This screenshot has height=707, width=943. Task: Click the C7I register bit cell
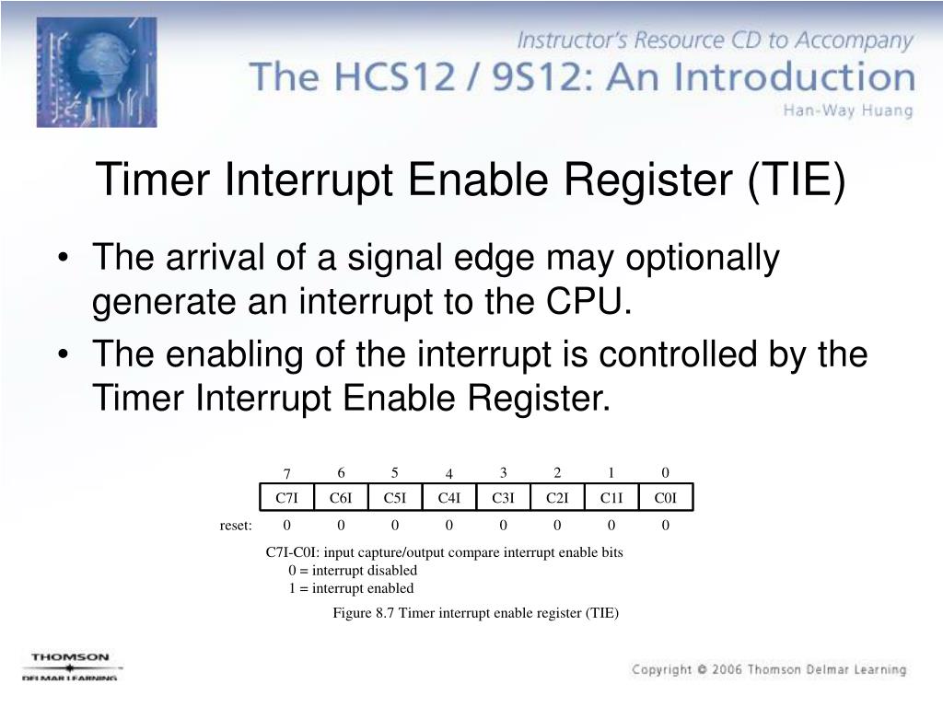(x=286, y=498)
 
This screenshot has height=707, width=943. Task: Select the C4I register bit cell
(x=449, y=498)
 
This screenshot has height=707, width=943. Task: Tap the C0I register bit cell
(x=666, y=498)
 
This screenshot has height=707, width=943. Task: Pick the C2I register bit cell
(x=557, y=498)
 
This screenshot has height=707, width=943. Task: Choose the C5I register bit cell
(x=395, y=498)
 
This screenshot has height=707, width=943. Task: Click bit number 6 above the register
(x=341, y=473)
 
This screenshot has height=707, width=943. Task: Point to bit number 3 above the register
(x=504, y=473)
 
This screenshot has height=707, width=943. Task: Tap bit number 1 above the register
(x=611, y=473)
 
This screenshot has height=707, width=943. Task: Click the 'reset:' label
(x=236, y=526)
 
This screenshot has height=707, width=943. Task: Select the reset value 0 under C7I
(x=286, y=526)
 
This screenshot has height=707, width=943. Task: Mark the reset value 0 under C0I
(x=666, y=526)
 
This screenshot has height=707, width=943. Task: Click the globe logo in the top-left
(x=96, y=72)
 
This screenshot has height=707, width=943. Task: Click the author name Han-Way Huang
(x=847, y=111)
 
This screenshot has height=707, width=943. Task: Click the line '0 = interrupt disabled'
(x=353, y=571)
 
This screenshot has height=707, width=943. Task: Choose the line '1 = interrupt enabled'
(x=351, y=588)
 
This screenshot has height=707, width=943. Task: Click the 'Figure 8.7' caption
(x=475, y=613)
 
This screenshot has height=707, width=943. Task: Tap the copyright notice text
(x=768, y=669)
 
